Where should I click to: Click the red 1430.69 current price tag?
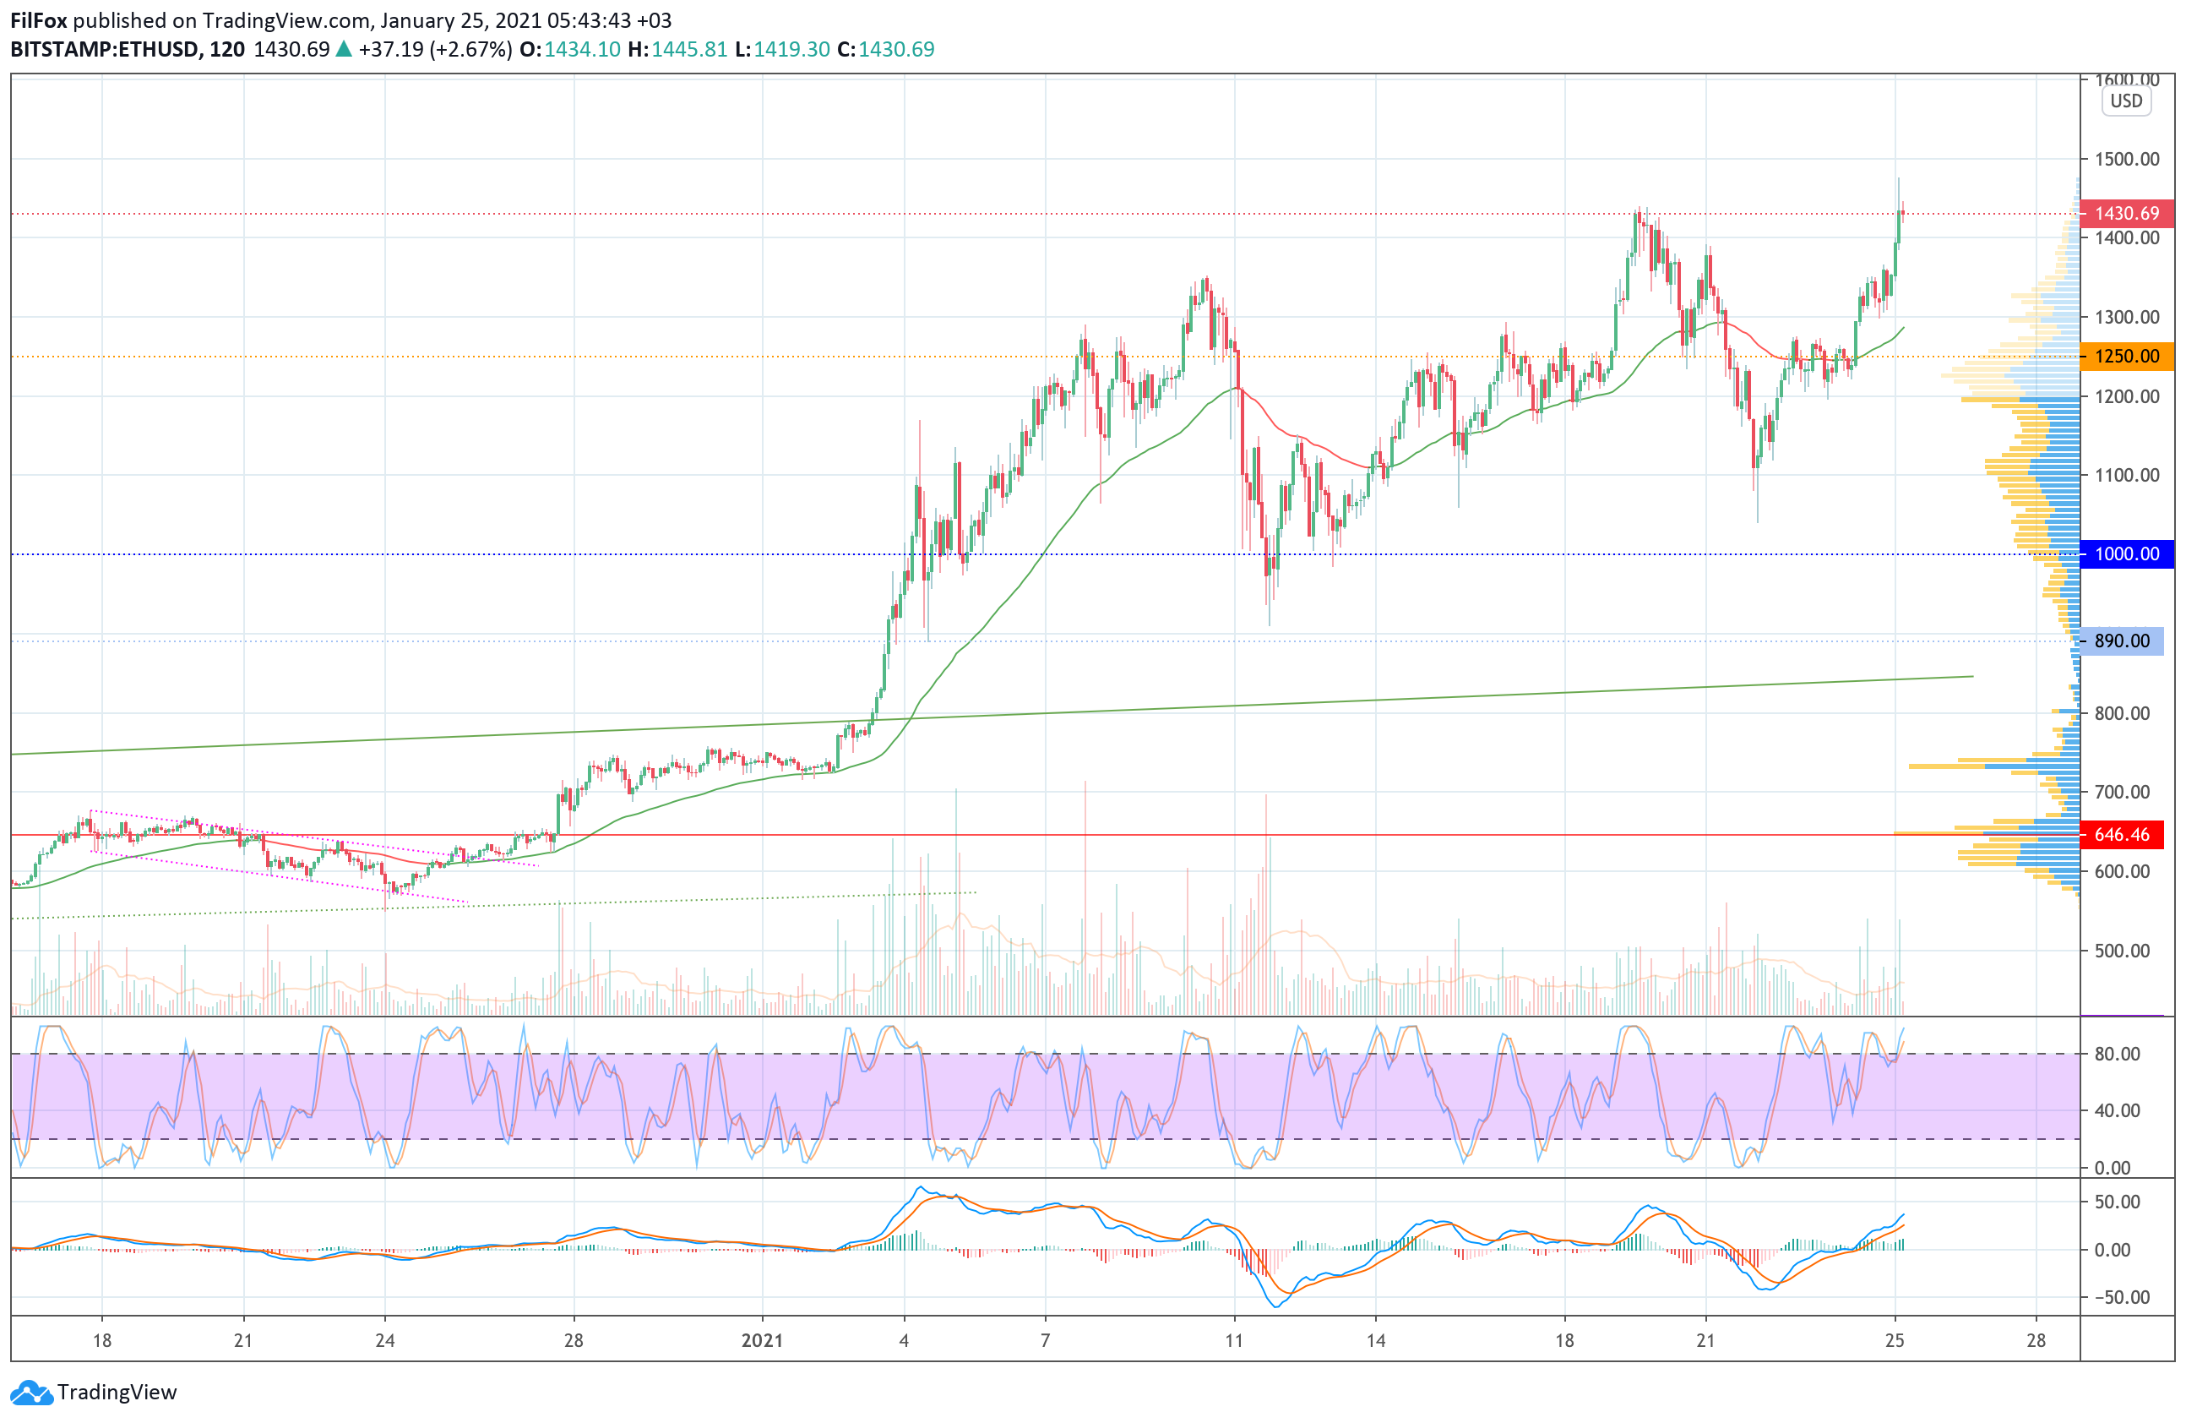[x=2125, y=213]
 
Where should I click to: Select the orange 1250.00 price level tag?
[x=2125, y=357]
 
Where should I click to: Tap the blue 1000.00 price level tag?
[x=2125, y=554]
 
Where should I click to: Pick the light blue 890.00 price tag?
[x=2121, y=641]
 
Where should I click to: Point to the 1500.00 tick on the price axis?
[x=2126, y=159]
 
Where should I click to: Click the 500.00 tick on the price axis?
[x=2122, y=951]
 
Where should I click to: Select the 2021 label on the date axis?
[x=763, y=1340]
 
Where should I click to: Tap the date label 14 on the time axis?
[x=1375, y=1340]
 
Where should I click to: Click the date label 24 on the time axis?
[x=385, y=1340]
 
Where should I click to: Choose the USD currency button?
[x=2125, y=101]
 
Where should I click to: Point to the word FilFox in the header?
[x=39, y=20]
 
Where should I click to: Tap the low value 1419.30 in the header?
[x=791, y=50]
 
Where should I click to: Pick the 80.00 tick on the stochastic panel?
[x=2117, y=1055]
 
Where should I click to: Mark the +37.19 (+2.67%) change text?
[x=434, y=50]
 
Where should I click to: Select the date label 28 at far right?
[x=2036, y=1340]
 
